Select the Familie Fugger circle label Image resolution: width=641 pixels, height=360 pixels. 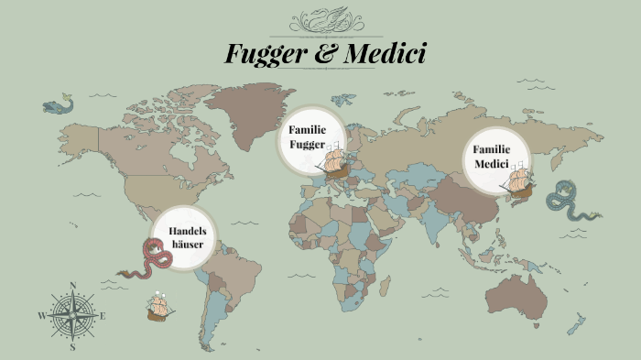(308, 137)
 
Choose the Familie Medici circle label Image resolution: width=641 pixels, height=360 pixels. (491, 156)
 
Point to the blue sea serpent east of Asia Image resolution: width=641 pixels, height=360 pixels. (567, 202)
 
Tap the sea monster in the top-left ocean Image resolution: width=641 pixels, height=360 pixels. (59, 106)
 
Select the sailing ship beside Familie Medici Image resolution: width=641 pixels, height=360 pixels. (517, 183)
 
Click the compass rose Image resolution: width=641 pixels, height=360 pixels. (72, 316)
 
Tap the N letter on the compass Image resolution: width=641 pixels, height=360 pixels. (72, 285)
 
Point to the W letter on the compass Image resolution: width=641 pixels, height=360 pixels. (41, 316)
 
